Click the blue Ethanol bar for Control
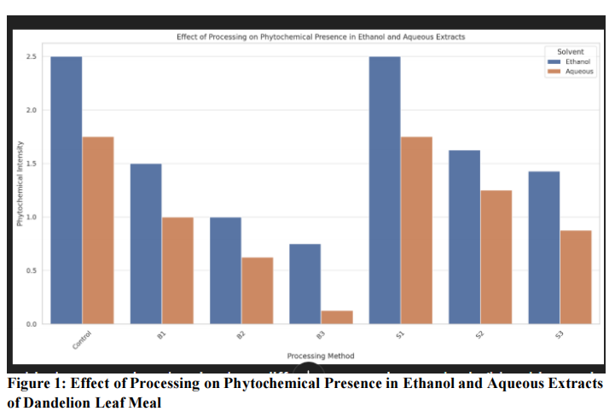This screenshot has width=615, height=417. pos(67,190)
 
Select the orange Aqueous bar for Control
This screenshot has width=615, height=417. pos(98,230)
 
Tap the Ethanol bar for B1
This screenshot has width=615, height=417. pos(146,244)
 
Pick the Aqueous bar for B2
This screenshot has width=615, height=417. pos(257,291)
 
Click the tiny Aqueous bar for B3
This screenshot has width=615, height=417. pos(337,317)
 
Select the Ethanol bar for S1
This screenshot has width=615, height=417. pos(385,190)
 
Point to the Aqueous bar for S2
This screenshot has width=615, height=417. pos(496,257)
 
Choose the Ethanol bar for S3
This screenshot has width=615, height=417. pos(543,247)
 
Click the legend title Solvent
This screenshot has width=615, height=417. pos(569,52)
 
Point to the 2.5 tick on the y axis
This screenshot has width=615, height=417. pos(32,57)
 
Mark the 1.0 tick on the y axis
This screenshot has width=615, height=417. pos(32,217)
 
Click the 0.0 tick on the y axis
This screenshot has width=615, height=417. pos(32,324)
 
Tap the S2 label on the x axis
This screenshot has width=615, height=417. pos(480,338)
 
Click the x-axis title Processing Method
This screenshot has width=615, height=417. pos(321,356)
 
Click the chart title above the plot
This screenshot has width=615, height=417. pos(321,38)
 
